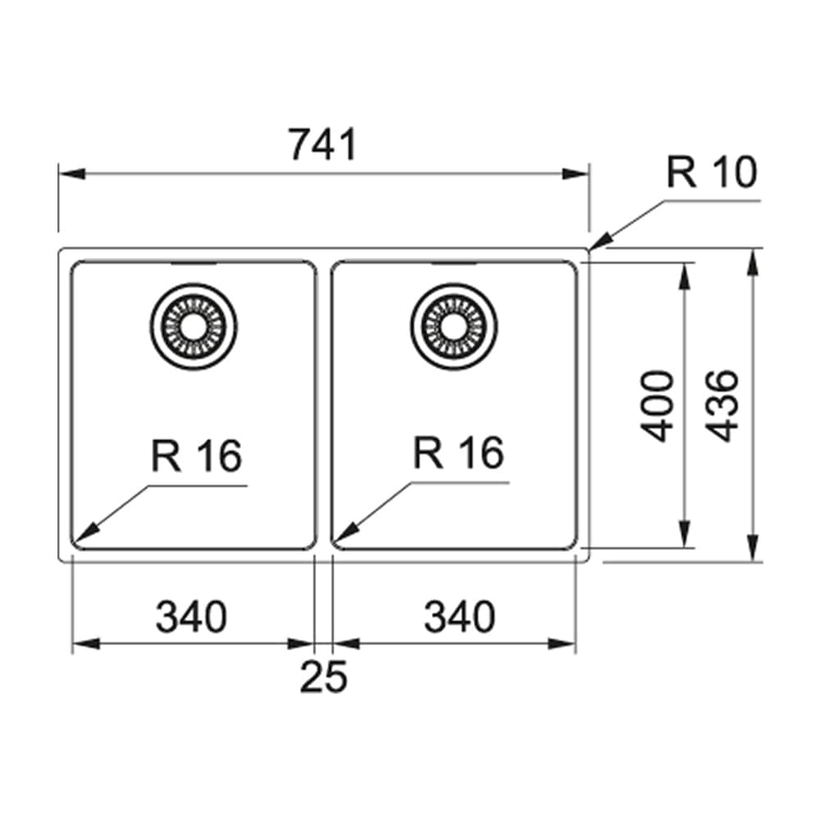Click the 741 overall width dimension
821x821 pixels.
tap(323, 145)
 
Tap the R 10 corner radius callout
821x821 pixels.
tap(711, 173)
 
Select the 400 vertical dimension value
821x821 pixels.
tap(657, 406)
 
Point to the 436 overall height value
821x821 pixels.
tap(723, 406)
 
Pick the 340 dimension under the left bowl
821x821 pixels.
tap(191, 617)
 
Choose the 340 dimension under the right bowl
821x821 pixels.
tap(460, 617)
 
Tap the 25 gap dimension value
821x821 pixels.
tap(323, 677)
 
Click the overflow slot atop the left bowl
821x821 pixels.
tap(194, 264)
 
